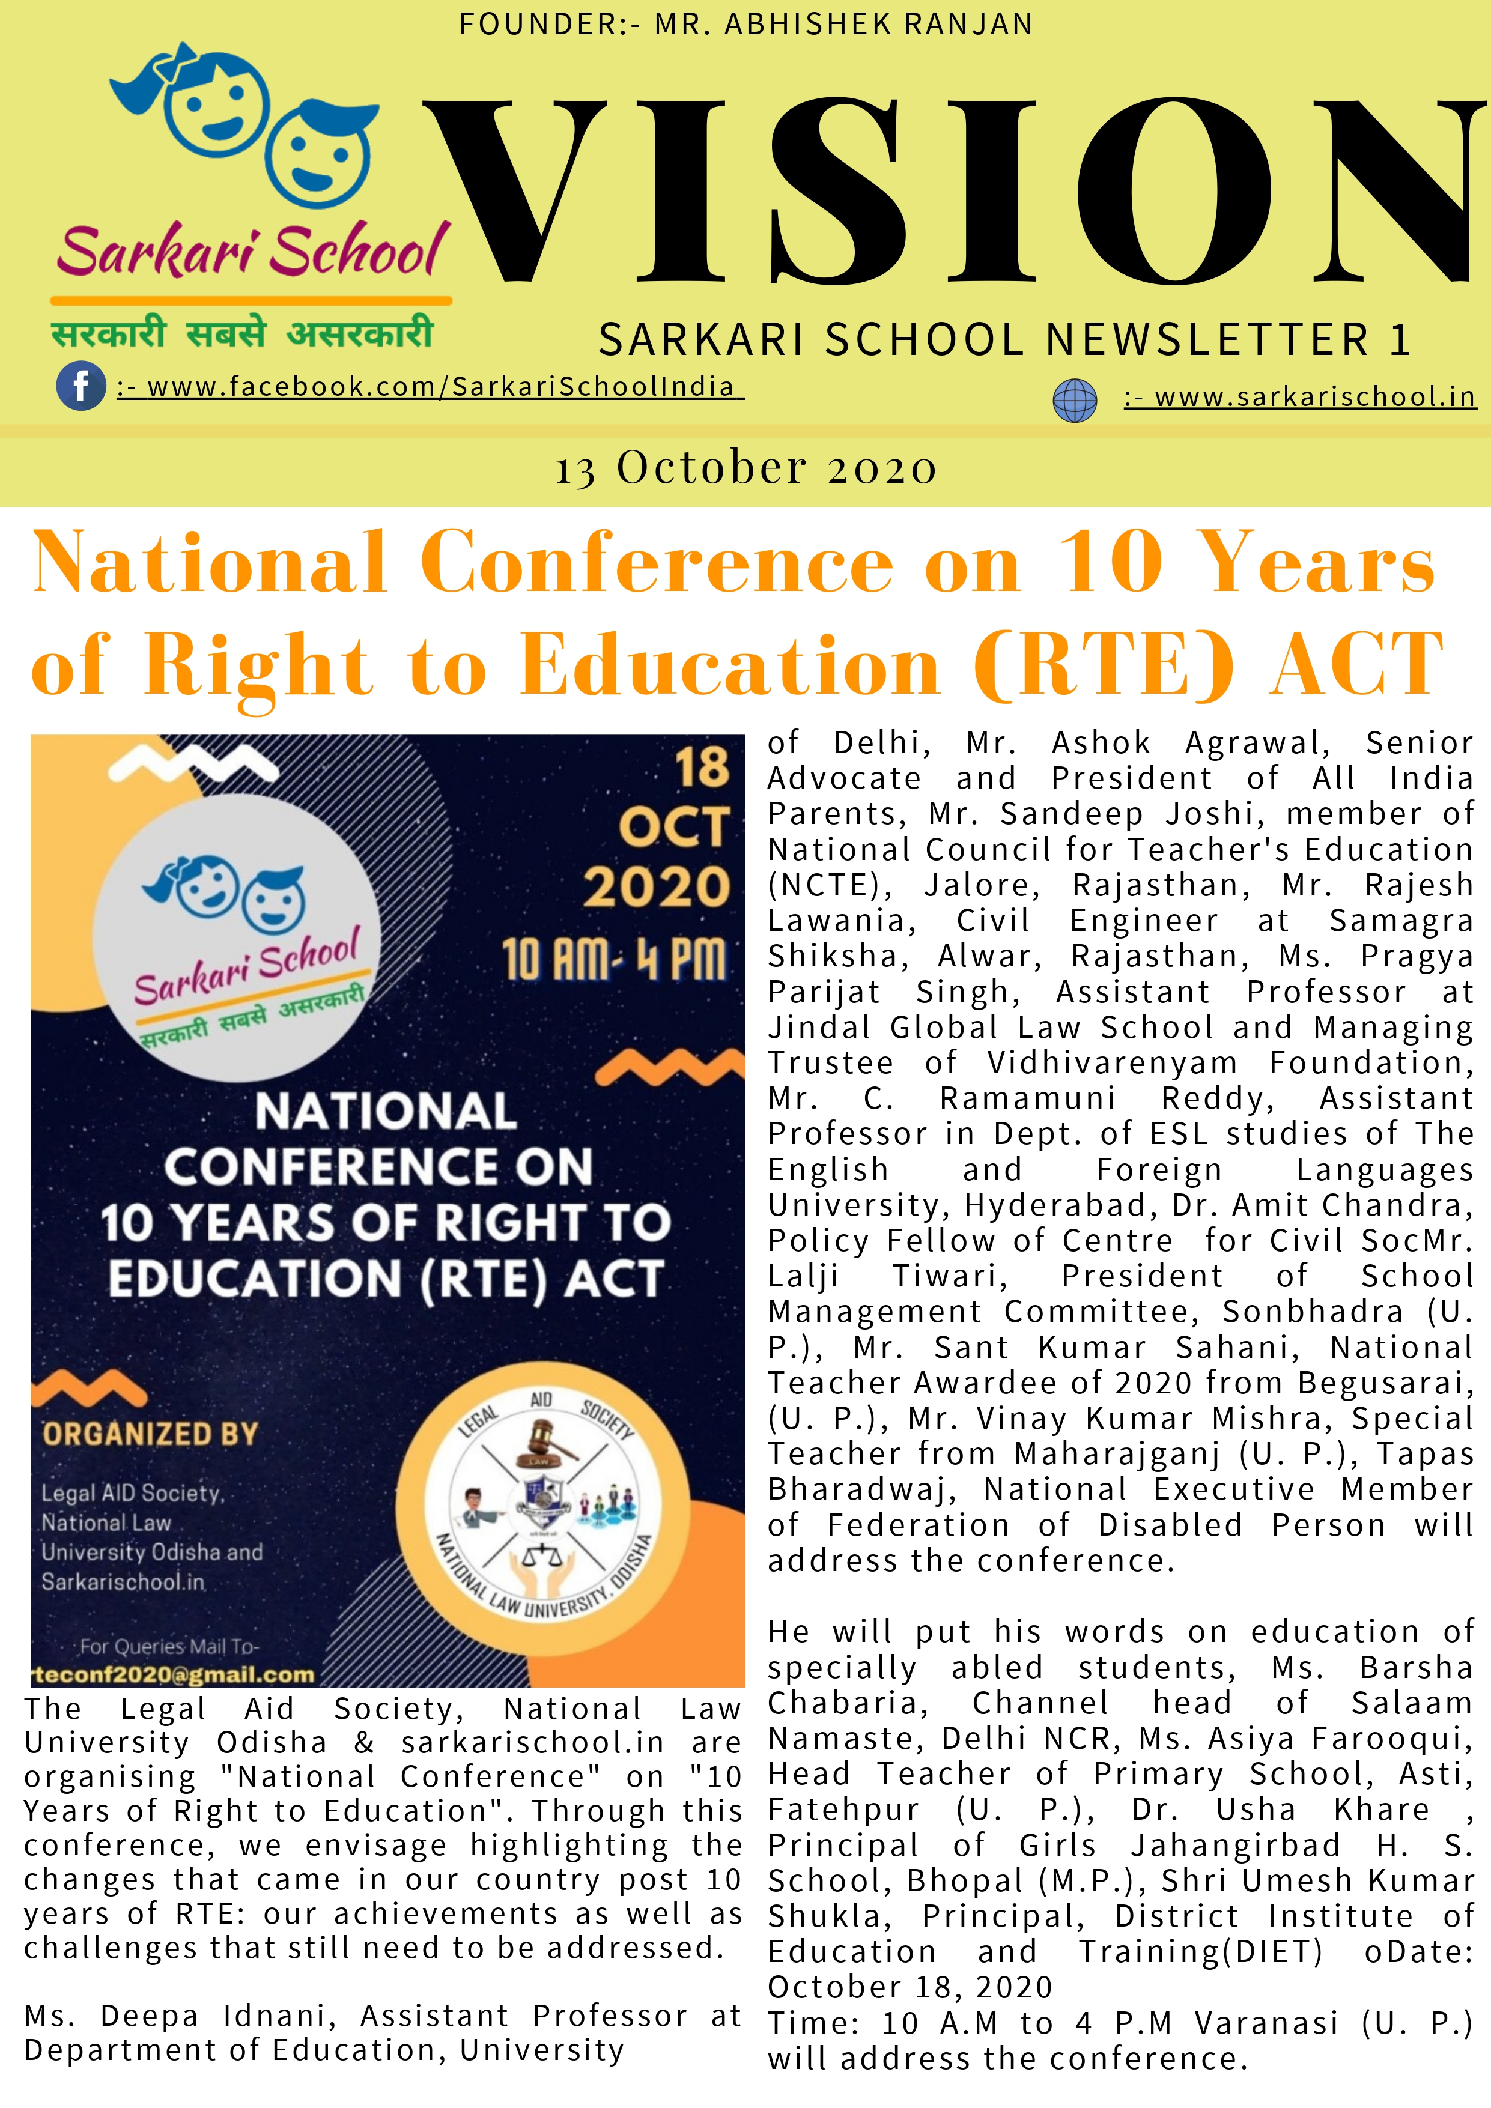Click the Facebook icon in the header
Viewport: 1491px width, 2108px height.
80,386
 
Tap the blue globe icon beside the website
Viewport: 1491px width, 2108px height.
1074,401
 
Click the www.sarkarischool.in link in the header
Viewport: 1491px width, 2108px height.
1300,398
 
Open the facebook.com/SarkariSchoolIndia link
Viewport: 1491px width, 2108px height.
430,387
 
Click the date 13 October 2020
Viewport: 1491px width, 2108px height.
745,468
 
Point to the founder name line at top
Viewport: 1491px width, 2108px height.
745,24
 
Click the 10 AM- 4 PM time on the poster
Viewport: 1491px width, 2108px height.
613,960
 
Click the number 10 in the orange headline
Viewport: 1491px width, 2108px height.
1110,562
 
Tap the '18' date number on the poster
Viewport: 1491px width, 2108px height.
702,768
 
